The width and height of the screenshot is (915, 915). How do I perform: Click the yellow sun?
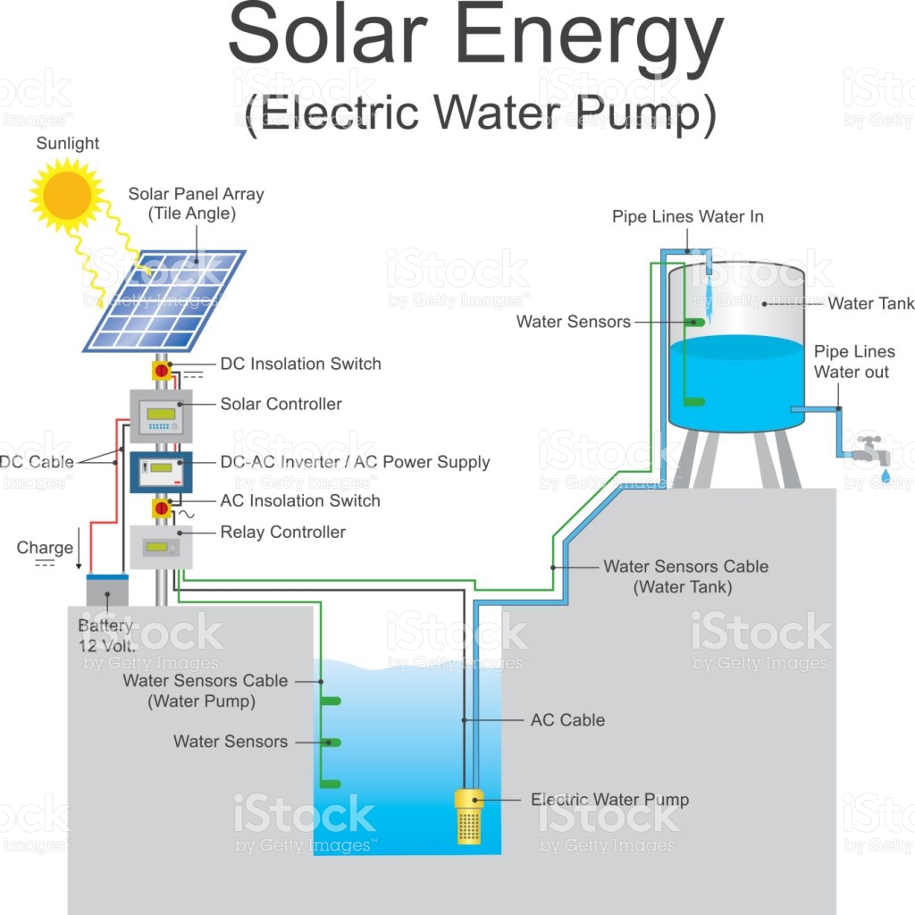pos(68,194)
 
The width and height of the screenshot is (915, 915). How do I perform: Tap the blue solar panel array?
pos(164,300)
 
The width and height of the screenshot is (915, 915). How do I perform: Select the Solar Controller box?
pos(161,416)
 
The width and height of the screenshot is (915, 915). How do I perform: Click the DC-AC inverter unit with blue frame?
pos(161,472)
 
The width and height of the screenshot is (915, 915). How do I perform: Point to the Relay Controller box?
pos(161,547)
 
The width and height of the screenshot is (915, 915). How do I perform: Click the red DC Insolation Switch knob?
pos(162,371)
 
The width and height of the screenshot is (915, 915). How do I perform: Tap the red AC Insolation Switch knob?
pos(162,508)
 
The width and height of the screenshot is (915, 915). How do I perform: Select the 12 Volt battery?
pos(107,590)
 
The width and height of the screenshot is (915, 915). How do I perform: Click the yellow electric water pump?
pos(469,817)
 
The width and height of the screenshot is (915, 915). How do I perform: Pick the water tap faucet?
pos(872,450)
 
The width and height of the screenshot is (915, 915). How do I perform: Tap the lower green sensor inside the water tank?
pos(694,401)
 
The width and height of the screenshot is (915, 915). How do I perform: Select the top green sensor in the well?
pos(331,701)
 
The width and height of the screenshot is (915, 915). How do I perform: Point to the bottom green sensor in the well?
pos(331,785)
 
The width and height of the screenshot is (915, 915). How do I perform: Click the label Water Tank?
pos(870,304)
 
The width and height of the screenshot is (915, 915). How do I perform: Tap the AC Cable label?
pos(567,720)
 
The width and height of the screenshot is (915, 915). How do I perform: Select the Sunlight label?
pos(68,143)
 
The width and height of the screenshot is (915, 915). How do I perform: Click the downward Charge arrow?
pos(79,548)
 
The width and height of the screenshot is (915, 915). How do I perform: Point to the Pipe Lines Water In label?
pos(687,217)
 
